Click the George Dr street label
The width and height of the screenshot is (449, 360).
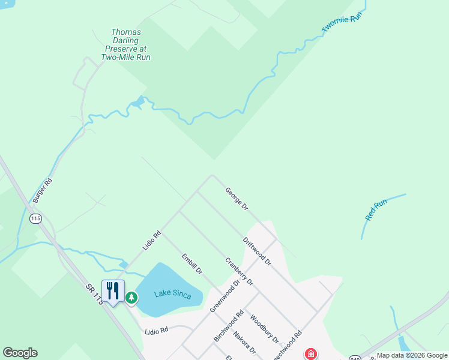237,199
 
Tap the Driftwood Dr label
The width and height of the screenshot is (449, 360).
257,251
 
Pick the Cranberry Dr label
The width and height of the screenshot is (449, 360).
239,271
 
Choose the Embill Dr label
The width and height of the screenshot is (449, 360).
192,264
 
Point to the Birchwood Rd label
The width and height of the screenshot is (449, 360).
229,326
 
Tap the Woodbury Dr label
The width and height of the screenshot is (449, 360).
264,329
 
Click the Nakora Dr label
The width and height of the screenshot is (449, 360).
244,343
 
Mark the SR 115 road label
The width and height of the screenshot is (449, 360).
95,295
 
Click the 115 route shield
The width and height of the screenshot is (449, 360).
36,219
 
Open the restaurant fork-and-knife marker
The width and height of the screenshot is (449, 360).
113,292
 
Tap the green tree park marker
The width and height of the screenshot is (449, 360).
131,296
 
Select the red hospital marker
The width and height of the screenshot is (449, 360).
311,354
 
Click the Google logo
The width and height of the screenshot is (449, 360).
20,353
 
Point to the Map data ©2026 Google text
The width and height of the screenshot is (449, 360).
412,355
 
